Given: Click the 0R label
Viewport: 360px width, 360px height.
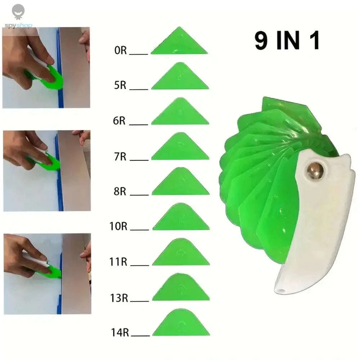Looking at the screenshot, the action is click(121, 50).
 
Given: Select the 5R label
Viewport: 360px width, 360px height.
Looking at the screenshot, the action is click(120, 85).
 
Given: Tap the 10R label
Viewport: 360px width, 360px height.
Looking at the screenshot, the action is click(118, 226).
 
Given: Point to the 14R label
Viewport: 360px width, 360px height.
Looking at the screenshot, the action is click(120, 332).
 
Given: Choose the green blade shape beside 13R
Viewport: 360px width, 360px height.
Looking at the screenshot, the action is click(181, 288).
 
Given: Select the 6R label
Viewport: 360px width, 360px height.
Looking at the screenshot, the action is click(119, 121).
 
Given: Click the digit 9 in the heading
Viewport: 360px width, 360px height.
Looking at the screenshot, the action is click(261, 40).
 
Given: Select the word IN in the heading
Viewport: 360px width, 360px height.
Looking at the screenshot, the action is click(288, 40).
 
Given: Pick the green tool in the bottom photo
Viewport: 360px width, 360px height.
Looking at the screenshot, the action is click(51, 271).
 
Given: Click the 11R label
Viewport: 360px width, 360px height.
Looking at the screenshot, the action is click(118, 262).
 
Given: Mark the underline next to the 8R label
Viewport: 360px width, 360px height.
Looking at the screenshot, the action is click(139, 195).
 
